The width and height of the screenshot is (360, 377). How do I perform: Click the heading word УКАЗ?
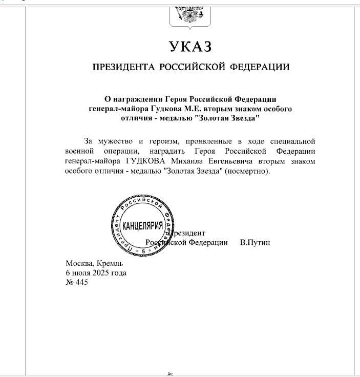click(190, 47)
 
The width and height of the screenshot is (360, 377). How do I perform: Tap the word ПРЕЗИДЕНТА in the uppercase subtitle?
click(123, 67)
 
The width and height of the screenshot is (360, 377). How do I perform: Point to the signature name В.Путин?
click(255, 242)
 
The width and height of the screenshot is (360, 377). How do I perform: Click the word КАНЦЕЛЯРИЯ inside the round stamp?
click(143, 226)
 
